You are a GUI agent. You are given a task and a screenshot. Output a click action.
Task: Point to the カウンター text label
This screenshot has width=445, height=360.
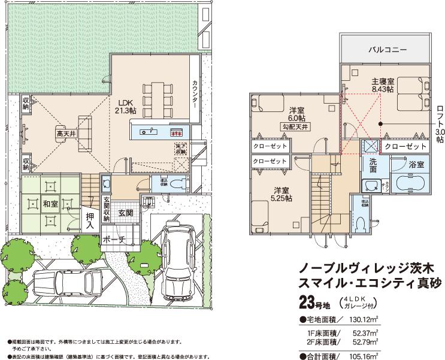tap(195, 95)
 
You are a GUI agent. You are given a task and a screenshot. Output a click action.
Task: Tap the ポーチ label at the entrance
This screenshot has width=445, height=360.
tap(113, 240)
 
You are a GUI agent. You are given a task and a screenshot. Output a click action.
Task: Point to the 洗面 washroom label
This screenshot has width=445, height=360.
tap(373, 166)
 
